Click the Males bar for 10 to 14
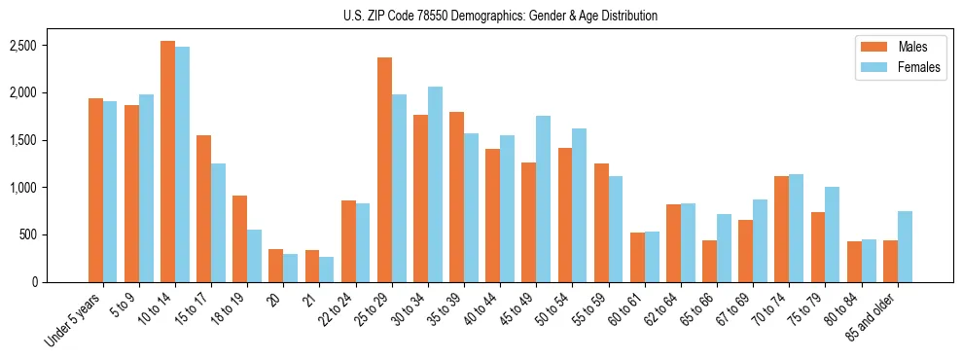[168, 162]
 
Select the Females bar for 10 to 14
[183, 164]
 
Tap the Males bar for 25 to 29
[385, 169]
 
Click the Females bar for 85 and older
[905, 246]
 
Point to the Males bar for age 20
[276, 266]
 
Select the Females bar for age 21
[327, 270]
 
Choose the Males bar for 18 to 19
[240, 238]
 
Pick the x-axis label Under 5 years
[75, 321]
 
